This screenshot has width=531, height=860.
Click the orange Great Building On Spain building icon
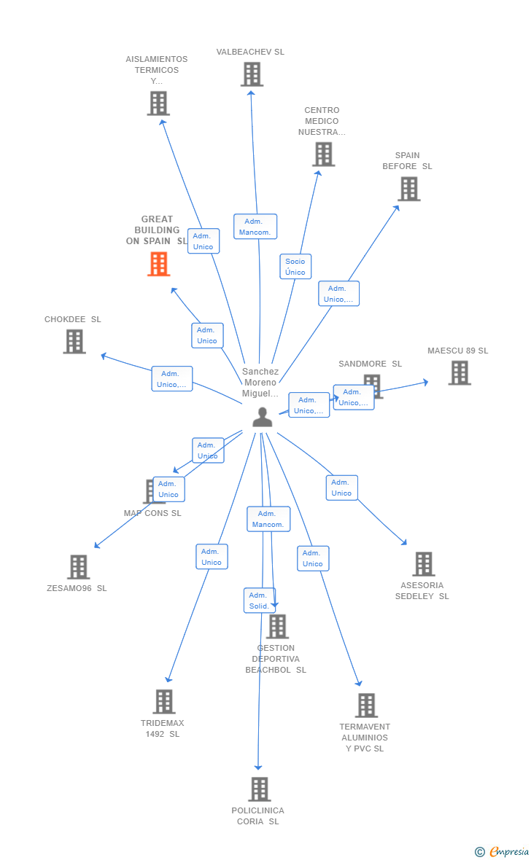[159, 264]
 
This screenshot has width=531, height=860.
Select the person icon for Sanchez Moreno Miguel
[262, 417]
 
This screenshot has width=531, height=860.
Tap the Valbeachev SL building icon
[252, 74]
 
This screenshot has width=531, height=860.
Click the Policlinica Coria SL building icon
[259, 789]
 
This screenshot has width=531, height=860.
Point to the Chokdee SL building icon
[74, 341]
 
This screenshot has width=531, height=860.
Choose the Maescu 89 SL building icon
[459, 373]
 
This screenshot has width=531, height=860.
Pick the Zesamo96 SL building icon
[78, 567]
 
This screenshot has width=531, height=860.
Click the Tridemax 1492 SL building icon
[163, 702]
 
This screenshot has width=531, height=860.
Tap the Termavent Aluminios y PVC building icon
[366, 705]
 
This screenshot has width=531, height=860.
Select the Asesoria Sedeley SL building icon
[423, 564]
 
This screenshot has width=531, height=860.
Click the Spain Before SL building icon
[408, 189]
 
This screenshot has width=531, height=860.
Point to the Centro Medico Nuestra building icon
[323, 155]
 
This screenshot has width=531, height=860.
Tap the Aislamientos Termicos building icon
[158, 103]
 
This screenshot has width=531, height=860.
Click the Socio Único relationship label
[295, 267]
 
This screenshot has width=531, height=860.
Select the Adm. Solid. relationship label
[259, 601]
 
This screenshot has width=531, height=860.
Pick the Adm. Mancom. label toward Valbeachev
[255, 227]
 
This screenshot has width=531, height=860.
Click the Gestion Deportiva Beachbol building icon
[277, 627]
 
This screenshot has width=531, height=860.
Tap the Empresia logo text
[508, 851]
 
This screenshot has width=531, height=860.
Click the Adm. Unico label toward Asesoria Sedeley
[341, 488]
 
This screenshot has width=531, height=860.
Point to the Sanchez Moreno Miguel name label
[260, 383]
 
